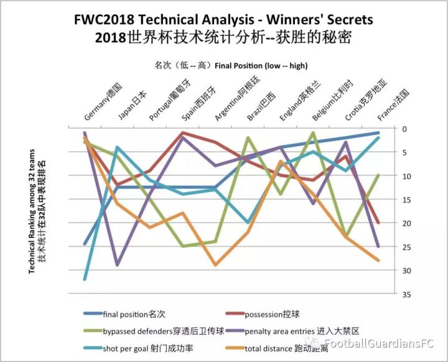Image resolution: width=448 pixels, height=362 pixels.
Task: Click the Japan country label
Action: click(x=133, y=105)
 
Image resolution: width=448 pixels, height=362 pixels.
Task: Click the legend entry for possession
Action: click(x=271, y=314)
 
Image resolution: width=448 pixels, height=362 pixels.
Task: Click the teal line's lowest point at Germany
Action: click(x=85, y=279)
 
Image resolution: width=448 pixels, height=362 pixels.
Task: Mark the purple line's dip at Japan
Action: click(x=118, y=265)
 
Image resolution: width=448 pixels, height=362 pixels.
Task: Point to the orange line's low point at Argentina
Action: click(x=215, y=265)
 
